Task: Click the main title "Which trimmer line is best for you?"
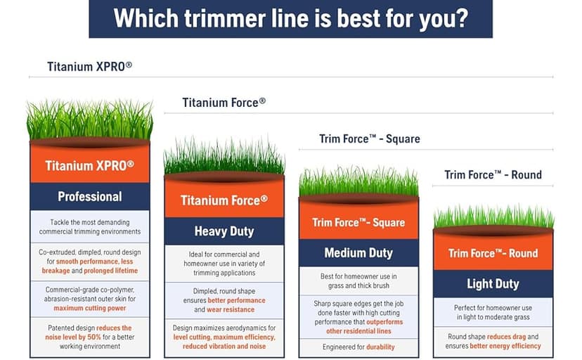pos(290,18)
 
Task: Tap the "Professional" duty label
pos(90,196)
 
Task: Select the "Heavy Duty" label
pos(224,231)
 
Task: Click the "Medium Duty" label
pos(358,252)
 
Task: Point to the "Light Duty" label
pos(493,284)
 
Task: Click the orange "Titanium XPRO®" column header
pos(90,166)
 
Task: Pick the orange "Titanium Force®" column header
pos(224,200)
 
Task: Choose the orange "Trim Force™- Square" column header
pos(358,223)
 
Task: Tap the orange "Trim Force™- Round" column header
pos(493,253)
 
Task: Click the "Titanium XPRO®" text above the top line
pos(90,67)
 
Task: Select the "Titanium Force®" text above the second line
pos(224,103)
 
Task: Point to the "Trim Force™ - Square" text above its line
pos(370,139)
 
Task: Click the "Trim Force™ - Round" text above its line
pos(493,174)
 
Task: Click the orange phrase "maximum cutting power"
pos(90,307)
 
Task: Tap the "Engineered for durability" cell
pos(358,347)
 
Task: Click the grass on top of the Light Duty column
pos(493,218)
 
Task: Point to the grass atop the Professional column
pos(90,121)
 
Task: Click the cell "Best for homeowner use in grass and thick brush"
pos(358,281)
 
